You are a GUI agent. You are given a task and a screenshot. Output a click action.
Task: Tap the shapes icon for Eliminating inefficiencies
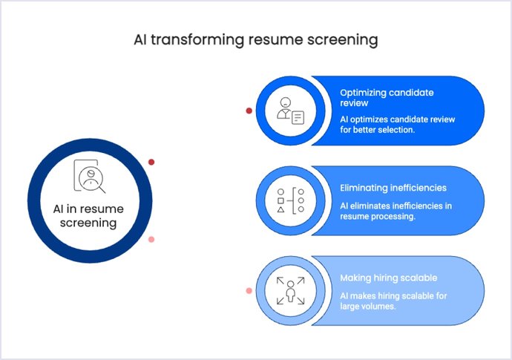tap(290, 200)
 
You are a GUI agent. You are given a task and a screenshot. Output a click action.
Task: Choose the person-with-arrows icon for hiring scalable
tap(290, 290)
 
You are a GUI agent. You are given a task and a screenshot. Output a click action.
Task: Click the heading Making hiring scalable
tap(388, 278)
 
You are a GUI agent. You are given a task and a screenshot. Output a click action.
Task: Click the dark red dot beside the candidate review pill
tap(249, 111)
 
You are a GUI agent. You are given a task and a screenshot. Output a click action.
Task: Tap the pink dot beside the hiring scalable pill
tap(249, 290)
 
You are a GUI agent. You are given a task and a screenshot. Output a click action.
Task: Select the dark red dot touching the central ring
tap(151, 162)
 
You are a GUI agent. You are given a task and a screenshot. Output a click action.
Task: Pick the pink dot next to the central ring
tap(151, 239)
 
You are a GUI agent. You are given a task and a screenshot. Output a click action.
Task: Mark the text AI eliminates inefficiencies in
tap(396, 206)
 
